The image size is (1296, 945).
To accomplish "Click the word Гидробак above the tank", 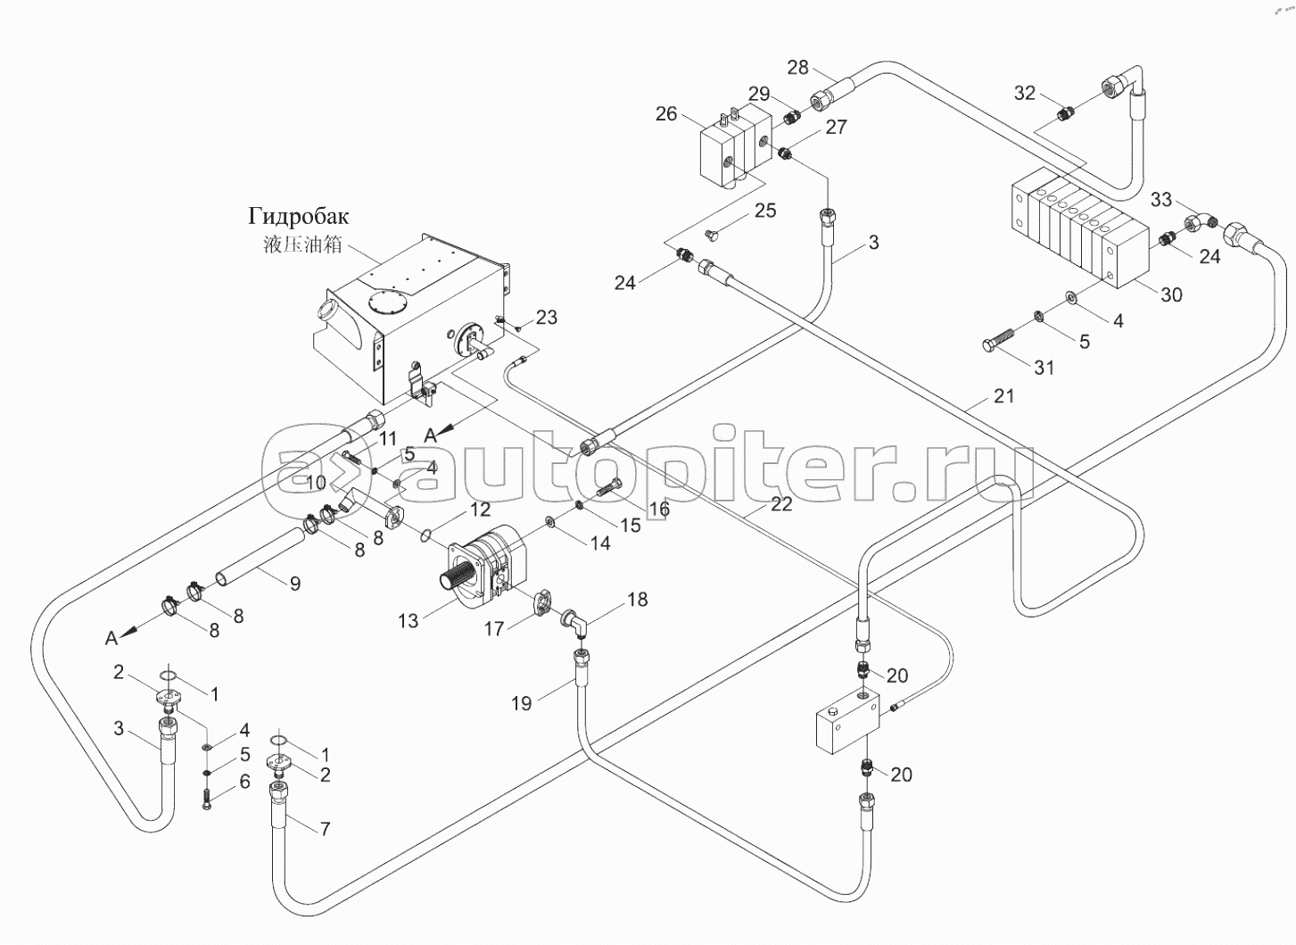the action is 299,218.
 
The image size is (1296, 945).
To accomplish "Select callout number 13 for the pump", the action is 408,621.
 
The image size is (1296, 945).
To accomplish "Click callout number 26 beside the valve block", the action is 666,114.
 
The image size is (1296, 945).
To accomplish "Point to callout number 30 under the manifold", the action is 1172,295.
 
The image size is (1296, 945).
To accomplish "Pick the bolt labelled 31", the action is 1003,338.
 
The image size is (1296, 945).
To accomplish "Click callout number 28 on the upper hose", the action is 798,68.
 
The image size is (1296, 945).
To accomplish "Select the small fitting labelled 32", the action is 1066,114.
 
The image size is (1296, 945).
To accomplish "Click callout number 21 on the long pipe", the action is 1004,396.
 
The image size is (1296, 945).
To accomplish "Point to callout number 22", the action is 781,504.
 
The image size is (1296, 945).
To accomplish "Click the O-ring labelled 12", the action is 426,535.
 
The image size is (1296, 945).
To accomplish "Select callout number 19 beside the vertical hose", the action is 521,703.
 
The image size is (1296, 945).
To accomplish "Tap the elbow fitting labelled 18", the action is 574,624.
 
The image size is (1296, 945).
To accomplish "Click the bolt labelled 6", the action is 208,800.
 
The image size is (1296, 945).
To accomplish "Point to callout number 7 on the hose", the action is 326,829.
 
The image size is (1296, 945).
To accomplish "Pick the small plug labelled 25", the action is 712,235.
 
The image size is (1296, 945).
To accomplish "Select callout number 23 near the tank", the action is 546,317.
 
